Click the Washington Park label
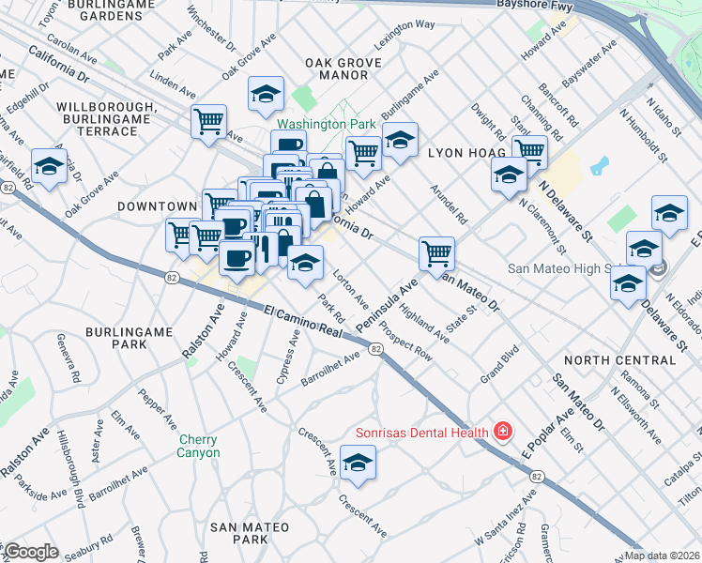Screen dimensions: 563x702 click(x=326, y=124)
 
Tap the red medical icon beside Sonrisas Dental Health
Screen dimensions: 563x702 click(x=504, y=433)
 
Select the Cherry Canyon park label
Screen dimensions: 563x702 click(x=198, y=447)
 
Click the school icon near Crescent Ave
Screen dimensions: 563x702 click(x=357, y=464)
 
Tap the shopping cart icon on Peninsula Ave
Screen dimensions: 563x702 click(x=436, y=253)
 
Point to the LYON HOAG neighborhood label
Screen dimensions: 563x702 click(x=467, y=152)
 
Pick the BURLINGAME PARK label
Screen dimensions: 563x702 click(x=129, y=338)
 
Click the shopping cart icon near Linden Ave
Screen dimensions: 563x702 click(x=208, y=121)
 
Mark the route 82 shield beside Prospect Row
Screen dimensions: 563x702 click(x=374, y=349)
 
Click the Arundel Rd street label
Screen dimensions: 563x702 click(x=450, y=202)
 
